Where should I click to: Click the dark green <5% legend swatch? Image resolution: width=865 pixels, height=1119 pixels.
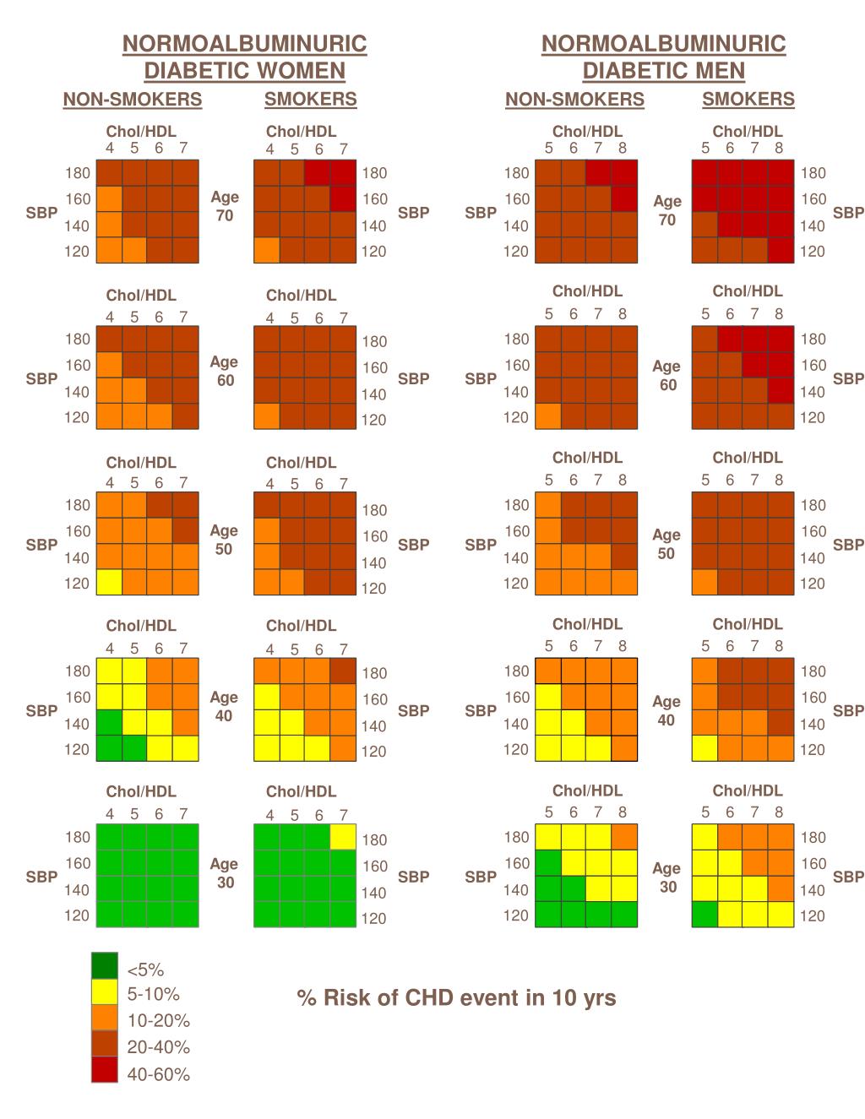(x=104, y=965)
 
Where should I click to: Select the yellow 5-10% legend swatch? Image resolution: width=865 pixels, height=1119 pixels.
(x=104, y=992)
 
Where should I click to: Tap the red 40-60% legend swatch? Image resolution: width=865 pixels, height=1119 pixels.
(x=104, y=1071)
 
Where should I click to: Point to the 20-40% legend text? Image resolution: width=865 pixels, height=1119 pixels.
(x=158, y=1047)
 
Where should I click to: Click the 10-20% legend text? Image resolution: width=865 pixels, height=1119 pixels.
(x=158, y=1020)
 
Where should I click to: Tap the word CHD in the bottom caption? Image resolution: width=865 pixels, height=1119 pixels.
(x=432, y=998)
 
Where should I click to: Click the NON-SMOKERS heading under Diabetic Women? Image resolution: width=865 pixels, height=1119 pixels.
(x=133, y=100)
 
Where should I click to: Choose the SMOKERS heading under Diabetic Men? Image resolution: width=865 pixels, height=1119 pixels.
(x=748, y=100)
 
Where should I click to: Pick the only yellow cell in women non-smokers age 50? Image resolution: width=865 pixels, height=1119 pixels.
(x=109, y=583)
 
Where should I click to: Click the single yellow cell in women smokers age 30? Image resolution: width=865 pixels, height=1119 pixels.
(x=342, y=837)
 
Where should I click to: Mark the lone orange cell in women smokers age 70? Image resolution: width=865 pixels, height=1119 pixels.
(x=267, y=251)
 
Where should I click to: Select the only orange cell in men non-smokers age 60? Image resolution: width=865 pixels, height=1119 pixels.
(x=548, y=416)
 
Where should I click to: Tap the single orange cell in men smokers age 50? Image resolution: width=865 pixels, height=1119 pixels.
(x=705, y=583)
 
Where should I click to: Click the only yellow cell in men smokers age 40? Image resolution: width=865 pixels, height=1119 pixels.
(x=705, y=748)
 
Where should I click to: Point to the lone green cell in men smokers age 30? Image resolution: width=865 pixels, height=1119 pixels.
(x=705, y=915)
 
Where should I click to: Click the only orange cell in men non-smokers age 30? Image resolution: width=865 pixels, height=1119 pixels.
(x=624, y=837)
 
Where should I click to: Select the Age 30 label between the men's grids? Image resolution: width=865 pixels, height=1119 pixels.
(x=667, y=877)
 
